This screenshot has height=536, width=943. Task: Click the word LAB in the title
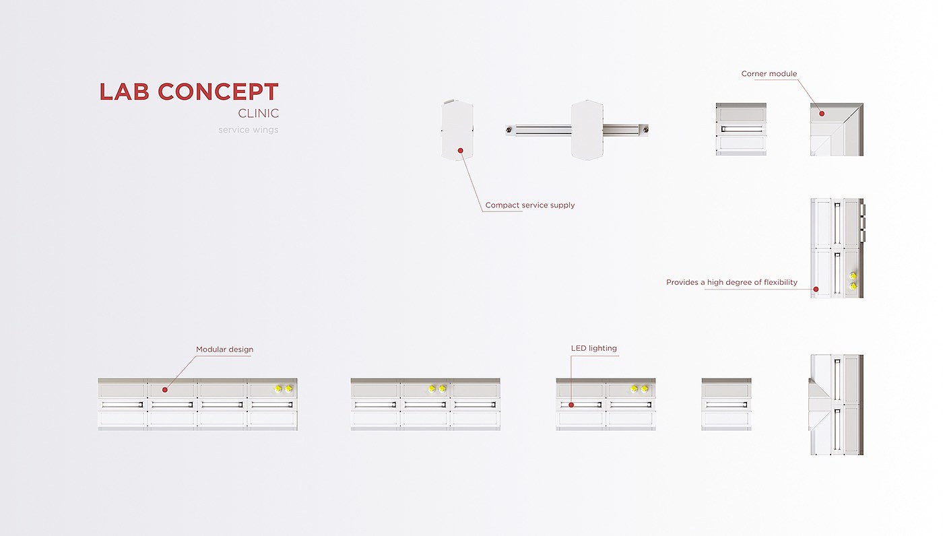click(125, 92)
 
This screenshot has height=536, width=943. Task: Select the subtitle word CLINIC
click(258, 114)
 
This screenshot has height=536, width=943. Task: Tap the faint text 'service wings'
click(248, 130)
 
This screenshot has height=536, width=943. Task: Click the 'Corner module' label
click(769, 74)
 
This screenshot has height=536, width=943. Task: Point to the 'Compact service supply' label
click(530, 205)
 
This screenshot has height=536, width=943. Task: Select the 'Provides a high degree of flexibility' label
click(731, 283)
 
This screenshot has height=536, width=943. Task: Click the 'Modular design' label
click(224, 350)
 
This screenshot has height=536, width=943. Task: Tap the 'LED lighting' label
click(593, 349)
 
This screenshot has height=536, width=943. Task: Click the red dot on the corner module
click(822, 114)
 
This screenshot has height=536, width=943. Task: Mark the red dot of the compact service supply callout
click(461, 150)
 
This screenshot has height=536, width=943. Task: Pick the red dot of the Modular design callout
click(165, 389)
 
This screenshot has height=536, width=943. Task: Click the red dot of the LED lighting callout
click(571, 405)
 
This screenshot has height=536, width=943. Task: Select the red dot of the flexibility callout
click(816, 289)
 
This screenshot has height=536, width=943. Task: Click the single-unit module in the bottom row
click(726, 404)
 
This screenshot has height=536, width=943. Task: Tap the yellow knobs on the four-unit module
click(283, 389)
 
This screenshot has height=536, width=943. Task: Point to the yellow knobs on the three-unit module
click(437, 389)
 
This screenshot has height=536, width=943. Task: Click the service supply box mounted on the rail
click(587, 130)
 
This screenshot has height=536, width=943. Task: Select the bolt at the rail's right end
click(645, 129)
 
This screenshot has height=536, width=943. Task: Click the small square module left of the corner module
click(741, 129)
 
